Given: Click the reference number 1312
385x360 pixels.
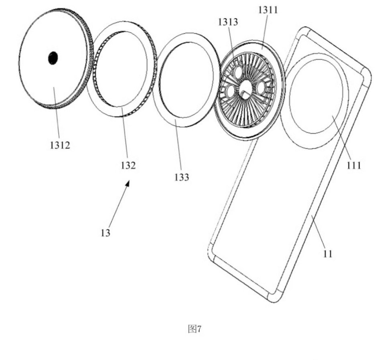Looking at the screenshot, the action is [x=60, y=145].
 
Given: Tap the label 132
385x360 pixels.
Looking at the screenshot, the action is [x=128, y=166].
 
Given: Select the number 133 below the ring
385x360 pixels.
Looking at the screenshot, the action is [x=182, y=177].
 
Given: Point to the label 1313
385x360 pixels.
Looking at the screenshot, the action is [x=228, y=22].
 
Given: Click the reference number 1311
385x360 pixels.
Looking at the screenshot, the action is [x=268, y=10].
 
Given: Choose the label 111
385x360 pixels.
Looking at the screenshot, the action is [x=354, y=166].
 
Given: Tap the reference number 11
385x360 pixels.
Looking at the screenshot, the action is [x=328, y=253].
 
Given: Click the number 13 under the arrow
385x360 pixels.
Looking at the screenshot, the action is [x=105, y=233].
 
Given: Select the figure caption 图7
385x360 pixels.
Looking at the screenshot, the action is [x=195, y=329].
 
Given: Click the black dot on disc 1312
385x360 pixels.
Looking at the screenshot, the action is [x=53, y=58].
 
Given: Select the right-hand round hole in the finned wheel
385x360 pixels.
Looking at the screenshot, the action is [x=260, y=87].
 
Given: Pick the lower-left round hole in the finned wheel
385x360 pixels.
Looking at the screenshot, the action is [x=231, y=91].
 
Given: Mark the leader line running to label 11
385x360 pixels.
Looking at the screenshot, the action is [x=318, y=231].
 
